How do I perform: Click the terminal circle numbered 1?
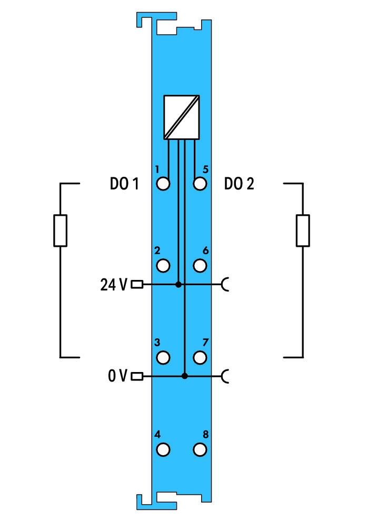163,184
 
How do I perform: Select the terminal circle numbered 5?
200,184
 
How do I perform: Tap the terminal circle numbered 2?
163,266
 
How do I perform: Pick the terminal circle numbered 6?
200,266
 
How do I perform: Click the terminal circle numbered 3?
163,357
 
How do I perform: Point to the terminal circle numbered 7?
200,357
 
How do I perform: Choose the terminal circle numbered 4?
163,449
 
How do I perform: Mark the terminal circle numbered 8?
200,449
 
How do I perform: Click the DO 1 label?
124,184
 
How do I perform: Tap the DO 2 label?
239,184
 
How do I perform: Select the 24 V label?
114,285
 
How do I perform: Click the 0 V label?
117,376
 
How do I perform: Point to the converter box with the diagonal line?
182,117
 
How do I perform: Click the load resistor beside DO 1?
60,230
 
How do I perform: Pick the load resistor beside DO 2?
303,230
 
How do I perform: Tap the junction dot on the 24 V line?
178,284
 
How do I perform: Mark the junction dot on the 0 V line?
185,376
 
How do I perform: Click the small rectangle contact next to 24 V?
137,284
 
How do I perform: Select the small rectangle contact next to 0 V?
137,376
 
